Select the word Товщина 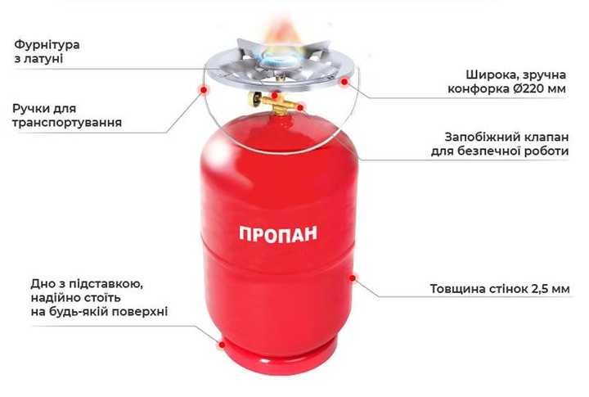pyautogui.click(x=456, y=289)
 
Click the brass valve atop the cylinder pyautogui.click(x=273, y=102)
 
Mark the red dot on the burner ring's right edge pyautogui.click(x=344, y=82)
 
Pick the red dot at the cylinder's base pyautogui.click(x=218, y=345)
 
